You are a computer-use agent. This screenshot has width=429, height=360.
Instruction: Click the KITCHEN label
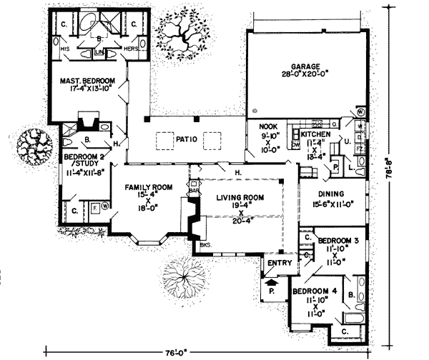point(315,134)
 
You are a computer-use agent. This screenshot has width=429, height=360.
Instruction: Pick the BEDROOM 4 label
point(316,293)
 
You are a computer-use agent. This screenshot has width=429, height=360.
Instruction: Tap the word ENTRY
point(275,264)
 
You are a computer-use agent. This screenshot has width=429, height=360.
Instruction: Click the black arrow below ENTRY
point(270,283)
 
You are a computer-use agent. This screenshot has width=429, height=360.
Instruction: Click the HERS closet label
point(130,49)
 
